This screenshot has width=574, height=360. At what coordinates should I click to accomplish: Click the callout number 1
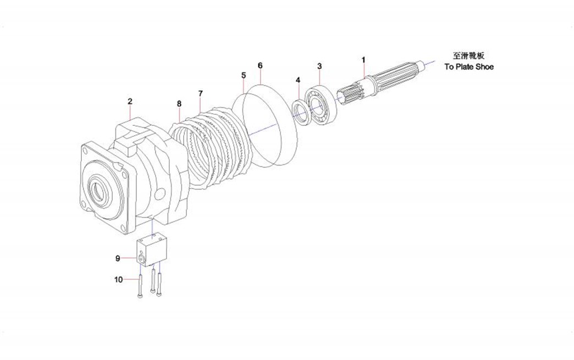click(363, 59)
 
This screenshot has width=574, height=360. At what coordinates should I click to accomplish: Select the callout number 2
click(130, 101)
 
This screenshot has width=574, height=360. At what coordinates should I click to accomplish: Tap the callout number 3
click(319, 67)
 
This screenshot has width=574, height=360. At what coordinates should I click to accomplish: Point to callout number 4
click(297, 80)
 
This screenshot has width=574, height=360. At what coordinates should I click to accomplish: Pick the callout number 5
click(243, 75)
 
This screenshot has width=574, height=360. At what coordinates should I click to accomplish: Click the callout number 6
click(260, 65)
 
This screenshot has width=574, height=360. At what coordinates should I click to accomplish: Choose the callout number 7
click(200, 93)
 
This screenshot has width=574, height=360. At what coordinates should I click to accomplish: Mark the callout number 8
click(179, 103)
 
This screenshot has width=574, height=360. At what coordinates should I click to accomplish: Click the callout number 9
click(118, 258)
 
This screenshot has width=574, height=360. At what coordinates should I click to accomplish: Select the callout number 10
click(119, 280)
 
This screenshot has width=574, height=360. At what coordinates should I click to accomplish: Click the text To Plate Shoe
click(469, 67)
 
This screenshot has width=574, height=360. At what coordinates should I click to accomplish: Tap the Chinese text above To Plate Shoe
click(469, 56)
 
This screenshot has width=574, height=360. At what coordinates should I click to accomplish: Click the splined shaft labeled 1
click(385, 82)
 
